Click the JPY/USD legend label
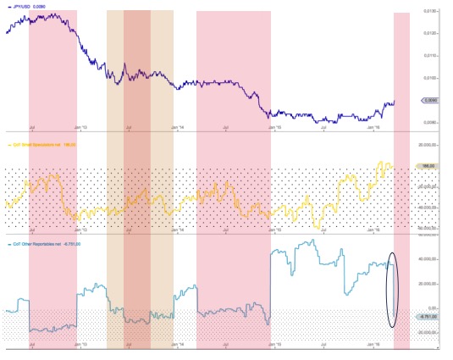[x=30, y=6]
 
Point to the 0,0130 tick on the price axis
[x=430, y=11]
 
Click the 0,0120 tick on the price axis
[x=430, y=33]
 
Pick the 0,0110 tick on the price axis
[x=430, y=56]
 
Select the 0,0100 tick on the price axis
[x=430, y=78]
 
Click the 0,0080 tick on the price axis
[x=430, y=122]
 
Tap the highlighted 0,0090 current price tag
[x=428, y=100]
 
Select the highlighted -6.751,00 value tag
[x=428, y=317]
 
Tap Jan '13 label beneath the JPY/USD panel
[x=79, y=129]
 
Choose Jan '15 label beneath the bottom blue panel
[x=273, y=346]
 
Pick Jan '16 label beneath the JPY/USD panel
[x=373, y=129]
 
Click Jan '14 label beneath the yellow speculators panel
[x=176, y=228]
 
